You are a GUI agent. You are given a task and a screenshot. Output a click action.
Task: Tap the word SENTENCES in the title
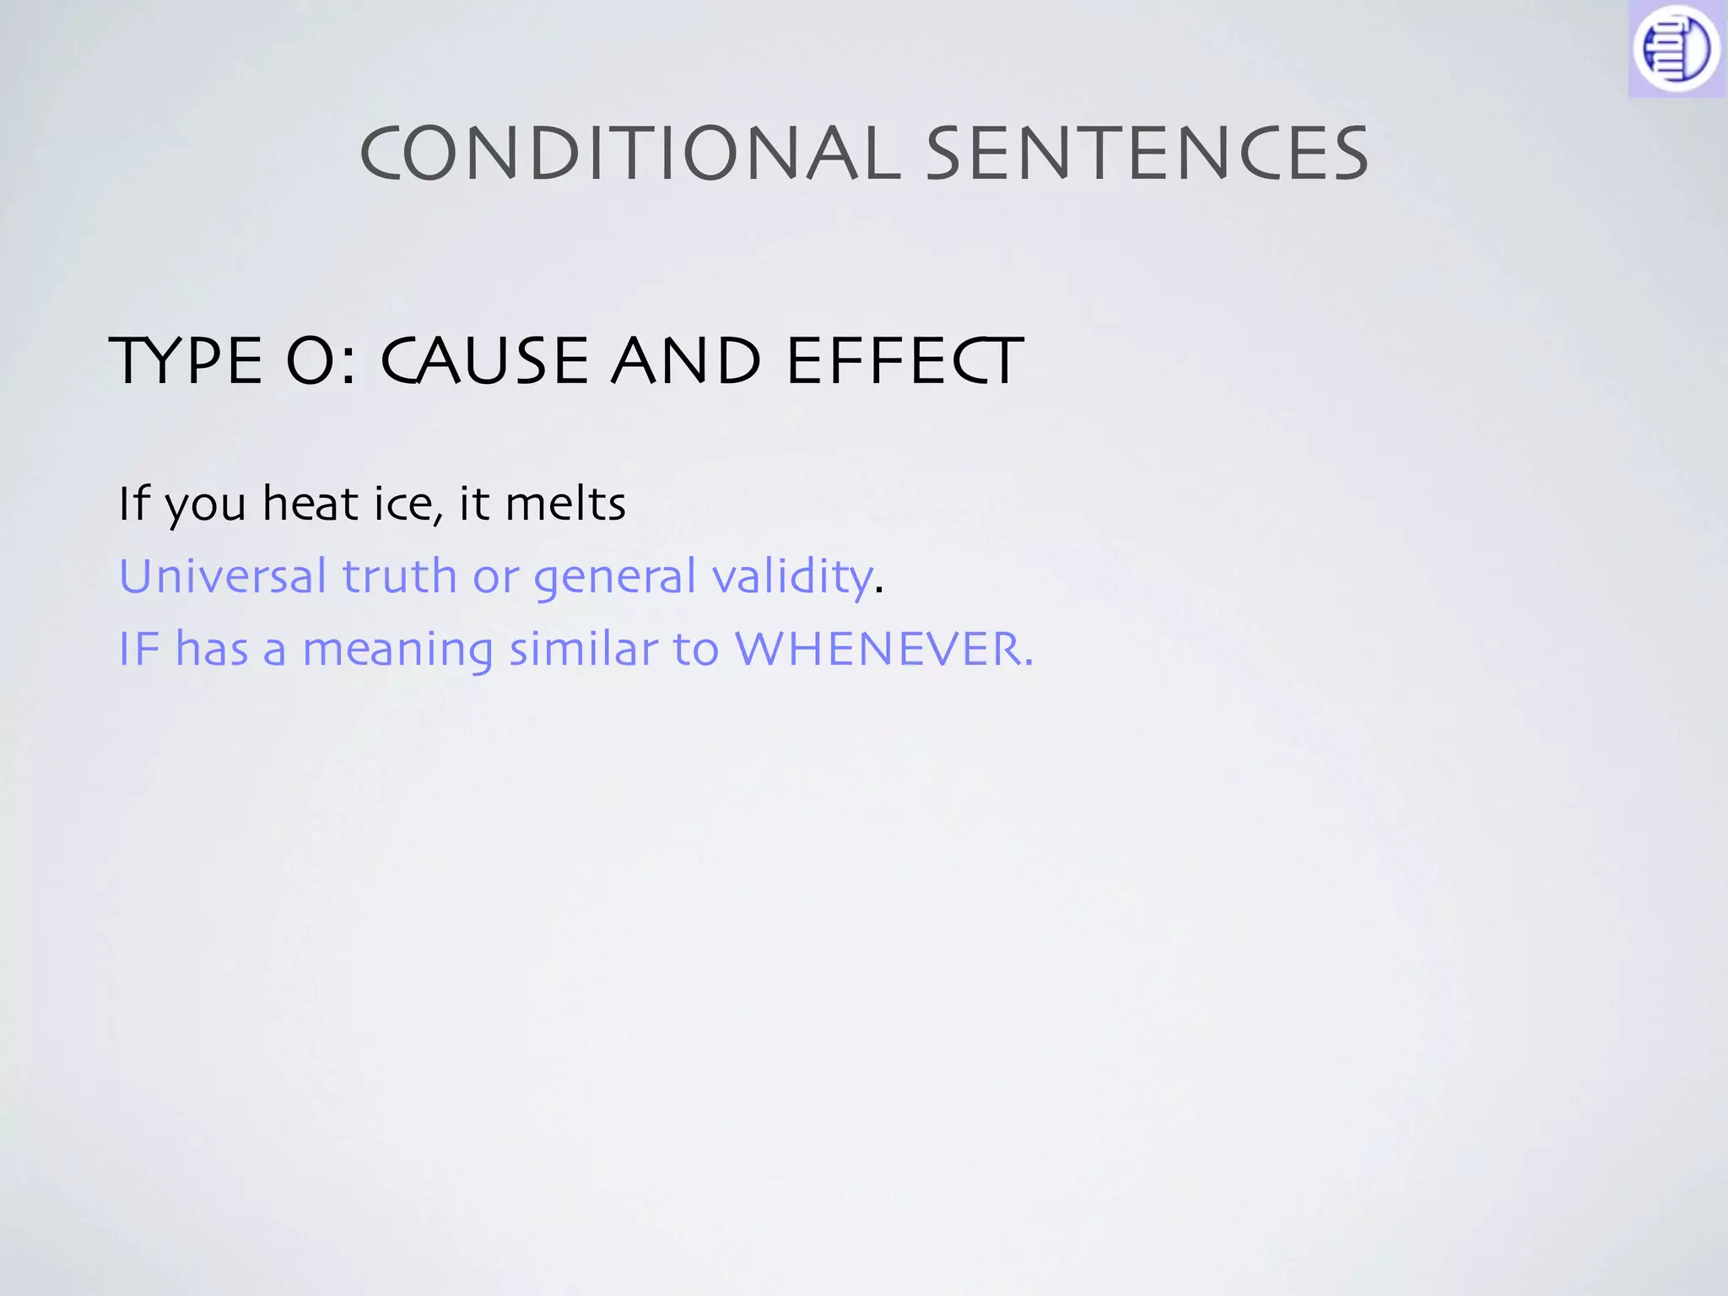pyautogui.click(x=1147, y=154)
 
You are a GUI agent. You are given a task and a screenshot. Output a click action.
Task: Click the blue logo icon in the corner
pyautogui.click(x=1677, y=49)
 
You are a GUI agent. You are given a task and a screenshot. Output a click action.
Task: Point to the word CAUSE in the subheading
pyautogui.click(x=484, y=361)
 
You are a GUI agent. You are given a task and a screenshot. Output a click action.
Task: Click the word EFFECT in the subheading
pyautogui.click(x=904, y=361)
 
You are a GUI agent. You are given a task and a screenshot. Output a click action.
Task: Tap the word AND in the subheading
pyautogui.click(x=685, y=361)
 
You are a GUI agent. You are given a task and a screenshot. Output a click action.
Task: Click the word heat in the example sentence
pyautogui.click(x=310, y=504)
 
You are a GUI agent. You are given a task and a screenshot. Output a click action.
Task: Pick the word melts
pyautogui.click(x=565, y=504)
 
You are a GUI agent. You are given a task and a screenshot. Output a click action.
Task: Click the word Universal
pyautogui.click(x=223, y=576)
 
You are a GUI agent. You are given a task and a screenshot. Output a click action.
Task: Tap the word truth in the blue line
pyautogui.click(x=399, y=576)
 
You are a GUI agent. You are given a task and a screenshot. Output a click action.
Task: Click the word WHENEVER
pyautogui.click(x=883, y=650)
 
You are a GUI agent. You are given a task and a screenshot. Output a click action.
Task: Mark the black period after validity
pyautogui.click(x=879, y=591)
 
